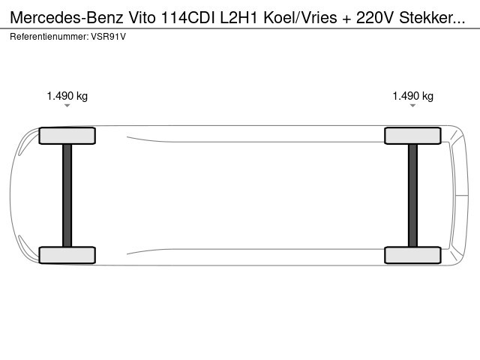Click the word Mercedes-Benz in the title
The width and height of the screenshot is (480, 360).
[67, 18]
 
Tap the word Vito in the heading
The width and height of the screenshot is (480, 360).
[142, 18]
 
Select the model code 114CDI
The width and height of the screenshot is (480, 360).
[188, 18]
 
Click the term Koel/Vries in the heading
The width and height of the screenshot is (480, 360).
[300, 18]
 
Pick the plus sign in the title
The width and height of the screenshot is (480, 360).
[346, 19]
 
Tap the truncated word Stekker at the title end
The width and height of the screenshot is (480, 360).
[432, 18]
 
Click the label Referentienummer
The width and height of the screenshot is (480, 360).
[49, 37]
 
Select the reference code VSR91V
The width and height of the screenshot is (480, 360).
[108, 37]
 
